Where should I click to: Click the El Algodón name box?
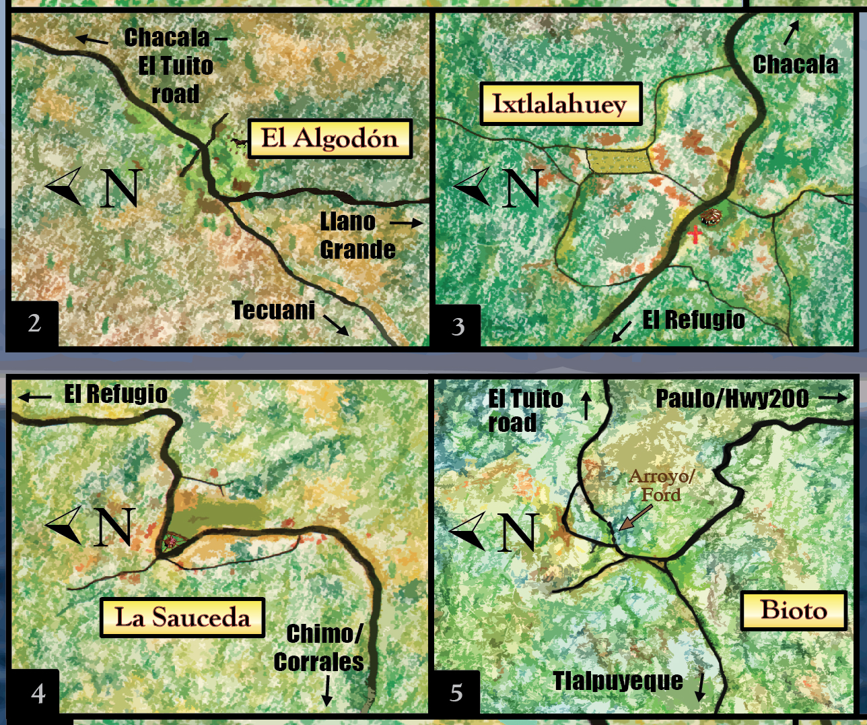pos(330,139)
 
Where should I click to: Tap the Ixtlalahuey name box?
pos(561,104)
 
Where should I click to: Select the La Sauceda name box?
pos(182,617)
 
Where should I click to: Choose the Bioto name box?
pos(794,610)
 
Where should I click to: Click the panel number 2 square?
pos(34,323)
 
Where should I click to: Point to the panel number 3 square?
pos(458,326)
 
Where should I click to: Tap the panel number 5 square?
pos(456,693)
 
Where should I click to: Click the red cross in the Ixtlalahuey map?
pos(695,234)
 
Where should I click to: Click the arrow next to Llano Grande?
pos(407,222)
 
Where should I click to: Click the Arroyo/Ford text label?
pos(661,485)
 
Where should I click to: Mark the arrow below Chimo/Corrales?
pos(327,691)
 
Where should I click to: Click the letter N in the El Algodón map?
pos(120,188)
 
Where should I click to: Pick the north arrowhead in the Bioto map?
pos(469,530)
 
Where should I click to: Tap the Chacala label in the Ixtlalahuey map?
pos(795,65)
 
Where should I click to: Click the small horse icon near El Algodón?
pos(238,143)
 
